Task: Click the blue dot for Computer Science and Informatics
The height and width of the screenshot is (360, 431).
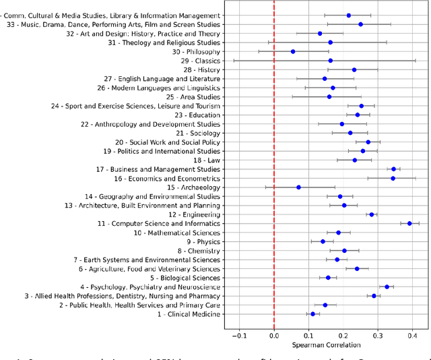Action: pos(409,223)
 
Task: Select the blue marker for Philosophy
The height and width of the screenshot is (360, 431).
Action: pos(293,51)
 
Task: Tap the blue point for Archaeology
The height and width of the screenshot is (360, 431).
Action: pos(298,187)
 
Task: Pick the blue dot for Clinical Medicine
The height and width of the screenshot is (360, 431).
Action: pos(312,313)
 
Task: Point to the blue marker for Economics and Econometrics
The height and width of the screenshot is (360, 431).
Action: pos(393,178)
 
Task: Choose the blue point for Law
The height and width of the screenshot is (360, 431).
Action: pos(355,160)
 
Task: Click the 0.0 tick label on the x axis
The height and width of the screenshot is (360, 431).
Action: pos(274,335)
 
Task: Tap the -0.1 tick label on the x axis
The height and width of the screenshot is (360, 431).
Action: pos(239,335)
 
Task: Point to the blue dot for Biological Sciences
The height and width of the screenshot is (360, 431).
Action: pos(328,277)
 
